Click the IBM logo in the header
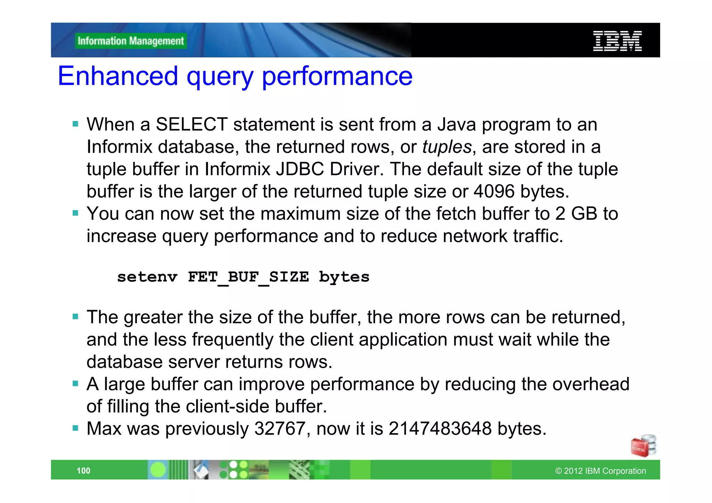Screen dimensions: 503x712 617,41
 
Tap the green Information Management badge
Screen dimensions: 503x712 131,41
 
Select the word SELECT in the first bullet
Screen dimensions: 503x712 192,124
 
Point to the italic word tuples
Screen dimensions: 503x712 447,147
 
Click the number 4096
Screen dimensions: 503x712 494,192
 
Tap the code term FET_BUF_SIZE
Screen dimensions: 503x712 248,277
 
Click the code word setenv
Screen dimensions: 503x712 147,277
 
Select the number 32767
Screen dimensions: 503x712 280,429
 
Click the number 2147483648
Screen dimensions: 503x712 440,429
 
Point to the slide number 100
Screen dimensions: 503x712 83,471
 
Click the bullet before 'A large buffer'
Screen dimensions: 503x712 75,384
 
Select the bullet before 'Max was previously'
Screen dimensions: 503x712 75,428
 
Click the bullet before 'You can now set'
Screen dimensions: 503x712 75,213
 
